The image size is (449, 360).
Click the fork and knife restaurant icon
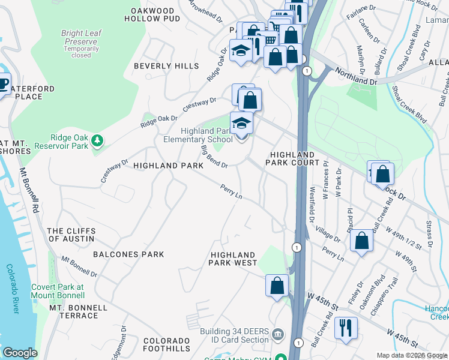[346, 328]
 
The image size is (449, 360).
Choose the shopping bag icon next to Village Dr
[361, 241]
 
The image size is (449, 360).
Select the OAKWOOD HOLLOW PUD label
[152, 14]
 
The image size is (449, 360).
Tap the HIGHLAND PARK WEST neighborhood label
[233, 259]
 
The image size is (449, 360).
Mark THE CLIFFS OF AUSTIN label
[70, 235]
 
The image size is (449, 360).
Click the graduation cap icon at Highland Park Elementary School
[241, 123]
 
